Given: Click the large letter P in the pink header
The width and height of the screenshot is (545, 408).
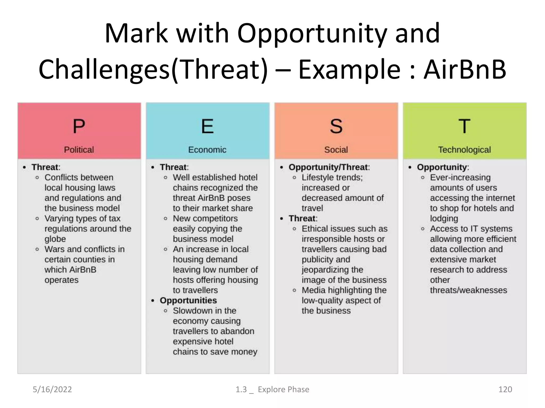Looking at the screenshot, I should (x=79, y=126).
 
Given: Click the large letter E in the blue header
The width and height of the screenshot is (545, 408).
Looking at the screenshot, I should (x=207, y=126).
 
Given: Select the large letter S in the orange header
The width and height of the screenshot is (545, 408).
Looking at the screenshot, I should (x=336, y=126).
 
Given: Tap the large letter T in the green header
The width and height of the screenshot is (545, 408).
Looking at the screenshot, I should (x=464, y=126).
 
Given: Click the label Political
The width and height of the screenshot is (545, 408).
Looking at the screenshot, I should (x=79, y=150).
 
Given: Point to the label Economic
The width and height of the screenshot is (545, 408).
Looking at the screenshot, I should (x=207, y=150).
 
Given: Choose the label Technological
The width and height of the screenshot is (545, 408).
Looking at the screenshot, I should (x=464, y=150).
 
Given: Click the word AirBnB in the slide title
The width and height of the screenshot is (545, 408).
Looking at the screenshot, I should (x=465, y=70).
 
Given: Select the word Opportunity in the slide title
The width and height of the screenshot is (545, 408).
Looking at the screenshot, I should (x=312, y=33).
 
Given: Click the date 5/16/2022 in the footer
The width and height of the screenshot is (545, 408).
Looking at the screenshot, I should (x=52, y=389).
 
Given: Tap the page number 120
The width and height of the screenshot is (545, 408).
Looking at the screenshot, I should (x=505, y=389).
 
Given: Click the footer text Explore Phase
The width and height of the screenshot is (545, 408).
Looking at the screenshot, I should (x=283, y=389).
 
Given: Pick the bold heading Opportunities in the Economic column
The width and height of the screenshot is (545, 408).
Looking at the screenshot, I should (x=188, y=300).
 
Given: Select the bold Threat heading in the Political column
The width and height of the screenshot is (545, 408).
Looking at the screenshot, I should (x=45, y=167).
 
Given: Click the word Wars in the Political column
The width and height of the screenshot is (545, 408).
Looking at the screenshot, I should (x=55, y=249).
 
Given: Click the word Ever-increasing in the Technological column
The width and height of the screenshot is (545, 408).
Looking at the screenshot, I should (x=460, y=177).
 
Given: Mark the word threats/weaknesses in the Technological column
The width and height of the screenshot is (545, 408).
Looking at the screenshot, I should (x=468, y=290).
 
